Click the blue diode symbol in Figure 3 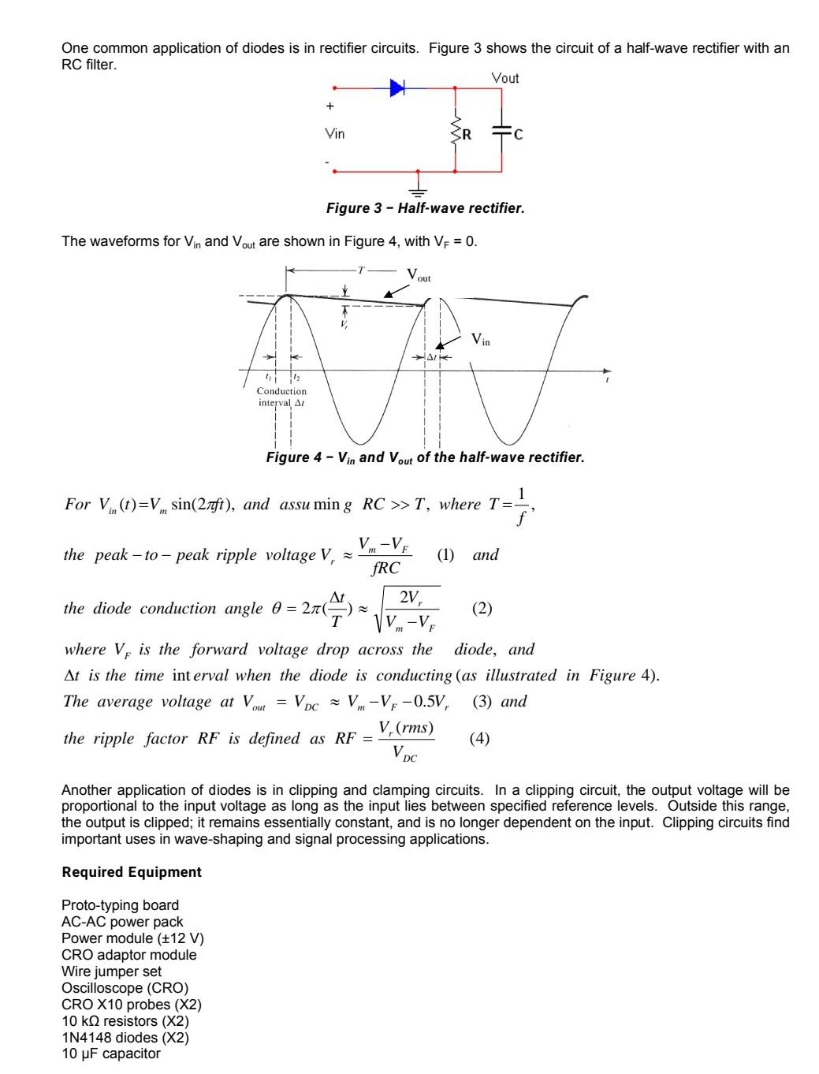click(x=397, y=88)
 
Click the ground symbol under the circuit click(x=418, y=188)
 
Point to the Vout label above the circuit click(x=505, y=78)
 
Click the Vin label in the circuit click(x=335, y=133)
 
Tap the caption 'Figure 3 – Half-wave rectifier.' click(x=425, y=208)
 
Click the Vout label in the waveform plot click(x=419, y=275)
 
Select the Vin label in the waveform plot click(x=480, y=339)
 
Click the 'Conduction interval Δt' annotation click(x=281, y=397)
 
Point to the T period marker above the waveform click(x=361, y=270)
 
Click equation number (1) click(x=445, y=554)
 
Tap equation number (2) click(x=482, y=608)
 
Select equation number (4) click(x=479, y=738)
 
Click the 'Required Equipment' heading click(x=132, y=872)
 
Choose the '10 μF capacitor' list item click(x=110, y=1053)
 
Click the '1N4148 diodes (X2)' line click(x=125, y=1037)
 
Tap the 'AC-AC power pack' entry click(x=122, y=922)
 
